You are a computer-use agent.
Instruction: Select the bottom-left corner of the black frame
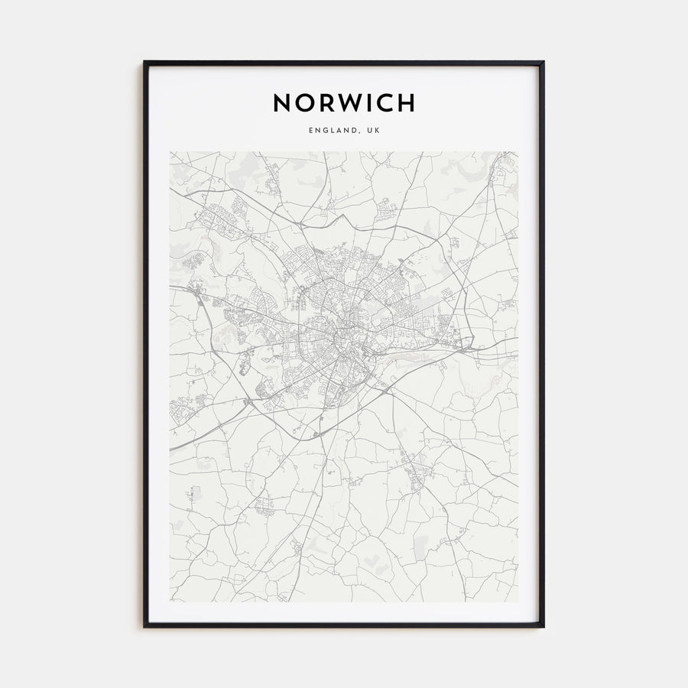144,627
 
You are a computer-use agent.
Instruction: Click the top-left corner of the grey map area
170,152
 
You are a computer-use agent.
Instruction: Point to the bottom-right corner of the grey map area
518,602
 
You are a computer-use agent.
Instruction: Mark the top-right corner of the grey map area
518,152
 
